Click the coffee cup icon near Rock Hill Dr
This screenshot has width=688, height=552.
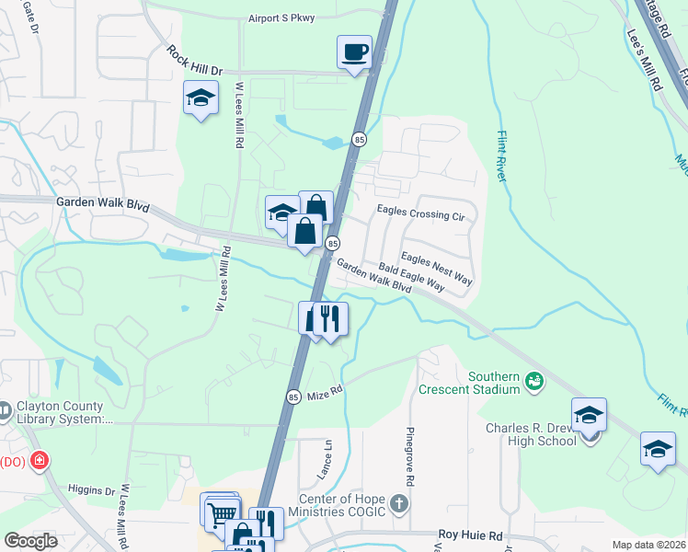(354, 52)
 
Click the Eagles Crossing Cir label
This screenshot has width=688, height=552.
(421, 213)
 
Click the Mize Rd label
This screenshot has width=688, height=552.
(325, 391)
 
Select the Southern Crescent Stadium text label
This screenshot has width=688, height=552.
(495, 383)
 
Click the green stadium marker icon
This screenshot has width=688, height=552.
(533, 378)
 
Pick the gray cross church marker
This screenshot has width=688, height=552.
(398, 504)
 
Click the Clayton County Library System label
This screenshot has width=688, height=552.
(61, 414)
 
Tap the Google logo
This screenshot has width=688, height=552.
(30, 540)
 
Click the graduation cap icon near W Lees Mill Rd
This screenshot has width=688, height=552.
(201, 98)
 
